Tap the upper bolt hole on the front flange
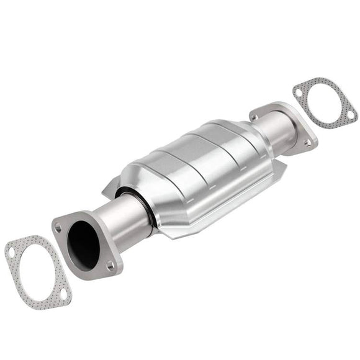(58, 228)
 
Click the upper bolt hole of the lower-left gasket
(12, 251)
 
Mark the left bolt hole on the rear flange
(256, 115)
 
